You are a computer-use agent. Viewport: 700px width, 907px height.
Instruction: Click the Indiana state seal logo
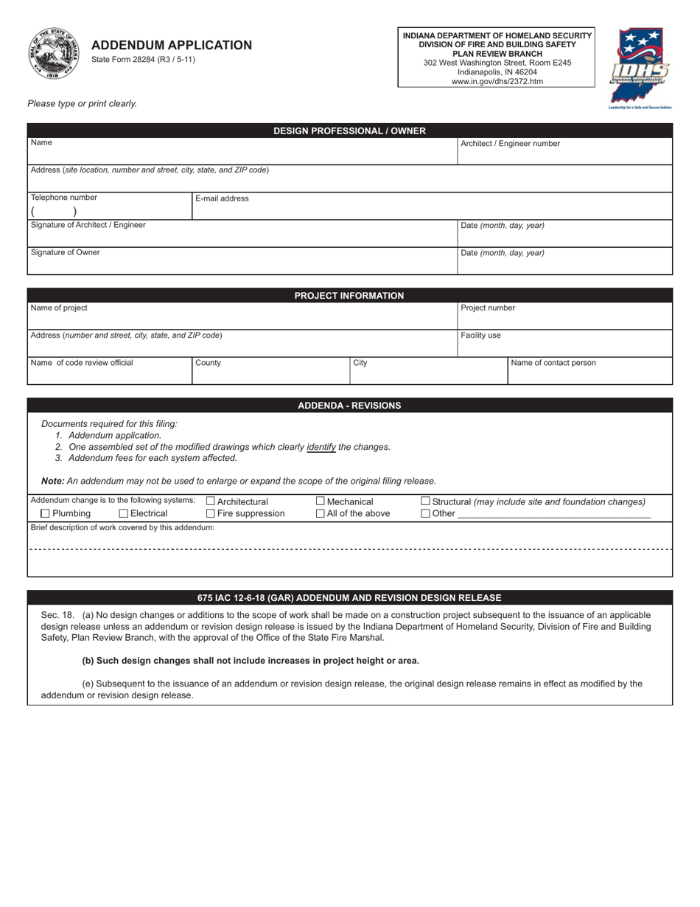point(55,53)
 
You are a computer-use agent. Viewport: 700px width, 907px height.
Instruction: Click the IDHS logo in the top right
point(640,68)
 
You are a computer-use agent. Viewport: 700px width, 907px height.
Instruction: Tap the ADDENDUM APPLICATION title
point(172,45)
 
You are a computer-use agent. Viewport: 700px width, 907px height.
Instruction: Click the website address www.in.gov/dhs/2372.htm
point(497,82)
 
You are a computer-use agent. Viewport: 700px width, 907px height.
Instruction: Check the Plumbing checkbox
point(46,514)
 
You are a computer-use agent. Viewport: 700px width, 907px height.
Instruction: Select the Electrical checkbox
point(124,514)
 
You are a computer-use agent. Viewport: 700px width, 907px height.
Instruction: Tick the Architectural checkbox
point(211,502)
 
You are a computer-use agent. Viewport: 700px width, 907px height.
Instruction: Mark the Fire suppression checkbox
point(211,514)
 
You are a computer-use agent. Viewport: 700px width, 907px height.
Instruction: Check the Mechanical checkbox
point(321,502)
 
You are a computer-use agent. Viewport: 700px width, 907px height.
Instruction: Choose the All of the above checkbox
point(321,514)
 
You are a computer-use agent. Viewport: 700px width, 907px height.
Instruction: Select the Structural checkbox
point(426,502)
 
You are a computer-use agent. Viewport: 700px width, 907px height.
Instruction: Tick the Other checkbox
point(426,514)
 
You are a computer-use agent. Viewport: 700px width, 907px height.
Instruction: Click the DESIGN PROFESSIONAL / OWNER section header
point(349,131)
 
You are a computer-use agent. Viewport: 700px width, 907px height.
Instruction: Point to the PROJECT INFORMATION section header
point(349,296)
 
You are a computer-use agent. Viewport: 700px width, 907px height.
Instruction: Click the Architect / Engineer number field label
point(510,144)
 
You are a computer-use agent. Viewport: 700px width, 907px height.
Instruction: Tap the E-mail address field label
point(222,198)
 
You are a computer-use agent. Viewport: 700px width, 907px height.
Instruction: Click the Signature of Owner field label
point(65,252)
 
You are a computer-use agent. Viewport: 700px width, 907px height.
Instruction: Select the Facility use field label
point(480,336)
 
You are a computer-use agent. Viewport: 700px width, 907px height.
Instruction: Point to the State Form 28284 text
point(143,60)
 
